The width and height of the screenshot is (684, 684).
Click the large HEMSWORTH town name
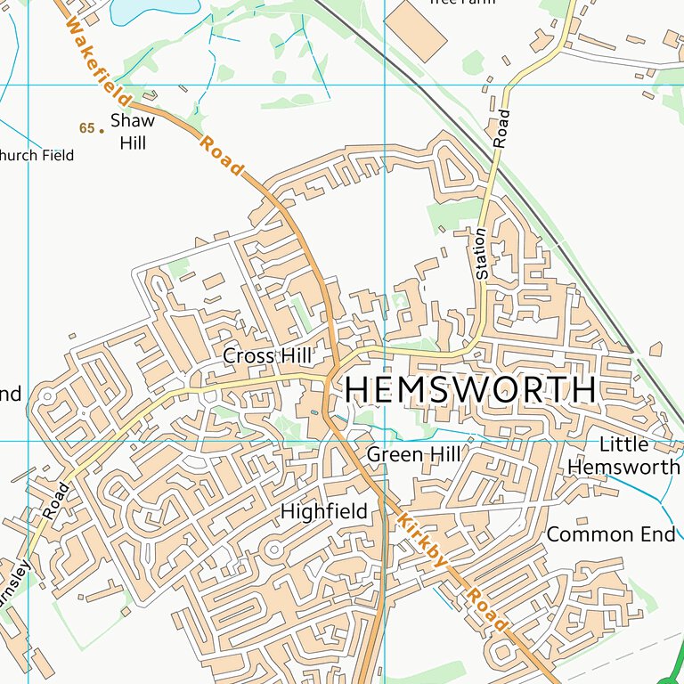pyautogui.click(x=470, y=390)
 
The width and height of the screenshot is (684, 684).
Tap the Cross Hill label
pyautogui.click(x=267, y=356)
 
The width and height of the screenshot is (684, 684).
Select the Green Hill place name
pyautogui.click(x=414, y=455)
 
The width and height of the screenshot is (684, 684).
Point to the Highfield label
pyautogui.click(x=324, y=511)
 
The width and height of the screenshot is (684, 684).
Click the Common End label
pyautogui.click(x=611, y=534)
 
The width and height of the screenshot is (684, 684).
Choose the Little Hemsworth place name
pyautogui.click(x=623, y=455)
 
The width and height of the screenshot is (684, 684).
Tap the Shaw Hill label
pyautogui.click(x=132, y=131)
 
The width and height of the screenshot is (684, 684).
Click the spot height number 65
pyautogui.click(x=85, y=128)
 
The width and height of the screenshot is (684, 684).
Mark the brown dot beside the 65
pyautogui.click(x=102, y=130)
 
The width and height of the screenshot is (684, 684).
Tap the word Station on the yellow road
pyautogui.click(x=481, y=254)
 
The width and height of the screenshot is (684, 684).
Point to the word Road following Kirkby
pyautogui.click(x=488, y=610)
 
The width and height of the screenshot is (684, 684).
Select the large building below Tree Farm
pyautogui.click(x=416, y=28)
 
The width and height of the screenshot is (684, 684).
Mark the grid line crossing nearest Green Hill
pyautogui.click(x=385, y=441)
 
